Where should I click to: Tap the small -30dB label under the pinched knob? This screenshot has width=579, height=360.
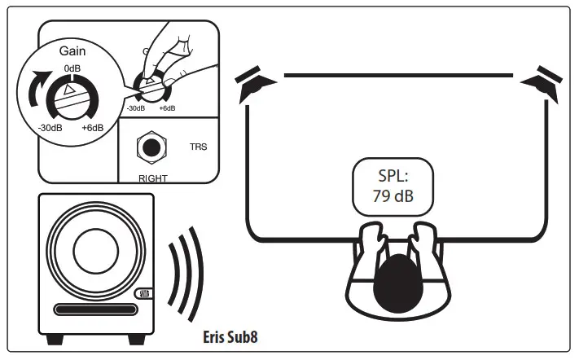[x=135, y=108]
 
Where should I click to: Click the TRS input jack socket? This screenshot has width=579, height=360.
[x=151, y=147]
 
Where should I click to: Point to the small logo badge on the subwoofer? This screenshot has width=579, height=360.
[x=143, y=294]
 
